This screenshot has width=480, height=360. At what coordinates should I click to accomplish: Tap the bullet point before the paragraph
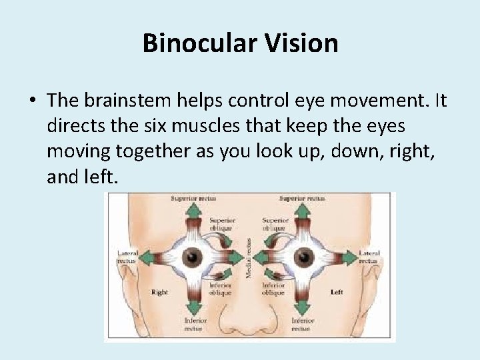point(32,101)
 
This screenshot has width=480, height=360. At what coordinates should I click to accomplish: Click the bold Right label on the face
point(159,292)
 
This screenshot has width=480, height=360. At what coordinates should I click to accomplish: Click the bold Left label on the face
point(337,292)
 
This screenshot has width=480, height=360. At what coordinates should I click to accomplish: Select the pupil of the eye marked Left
point(304,256)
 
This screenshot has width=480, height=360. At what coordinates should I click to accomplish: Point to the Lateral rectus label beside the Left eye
point(369,257)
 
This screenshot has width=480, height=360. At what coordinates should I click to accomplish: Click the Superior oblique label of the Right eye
point(222,224)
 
